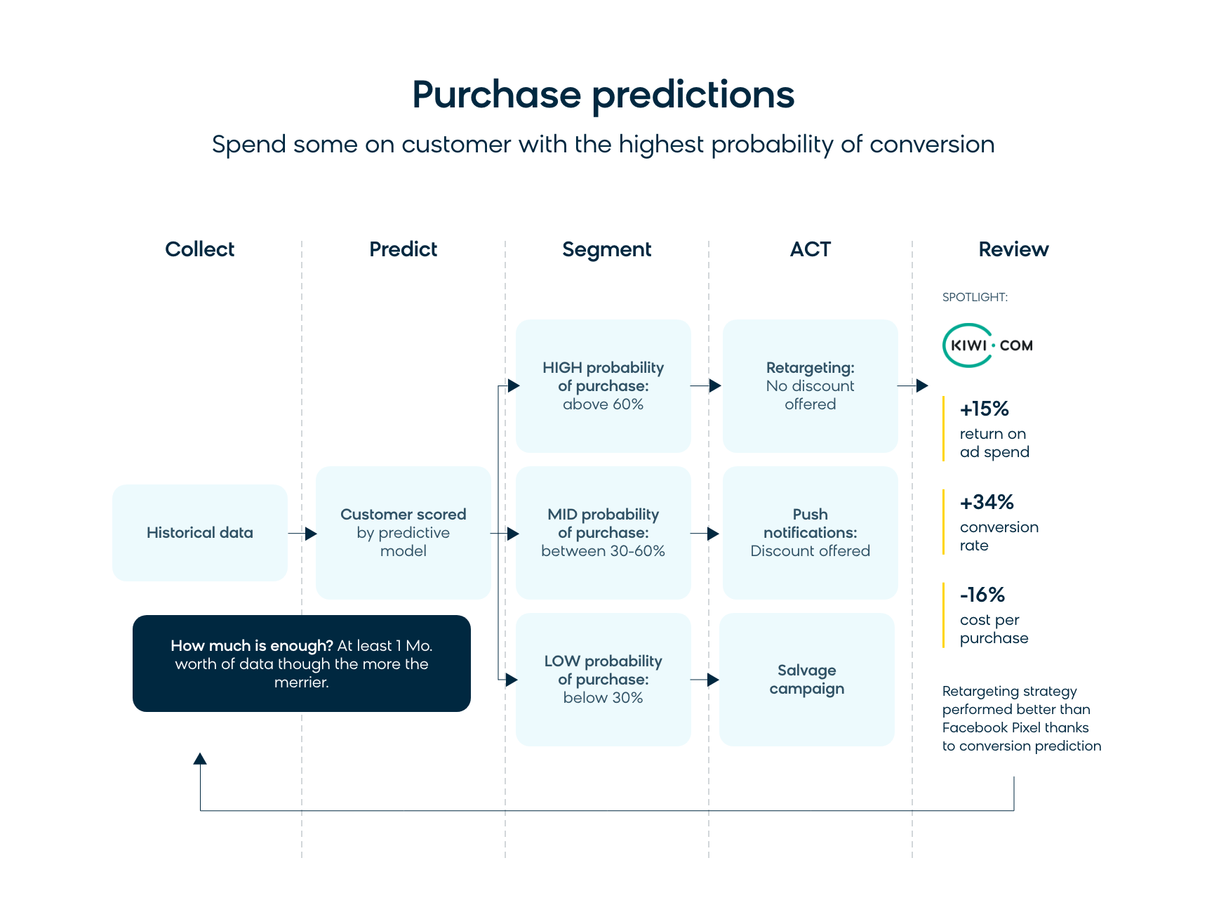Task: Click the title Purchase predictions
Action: pos(603,95)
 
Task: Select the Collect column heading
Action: pos(200,249)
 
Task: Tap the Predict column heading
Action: pos(404,249)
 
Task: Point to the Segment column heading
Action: pos(607,250)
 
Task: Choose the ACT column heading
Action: pos(811,249)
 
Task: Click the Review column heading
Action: pos(1014,249)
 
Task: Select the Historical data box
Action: pos(200,533)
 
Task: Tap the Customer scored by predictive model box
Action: pos(404,533)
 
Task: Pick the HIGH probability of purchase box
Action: pos(603,386)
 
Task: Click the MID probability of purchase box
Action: pos(603,533)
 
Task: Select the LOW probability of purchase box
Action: pos(603,680)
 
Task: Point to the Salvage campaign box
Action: pos(807,680)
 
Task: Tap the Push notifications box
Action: pos(811,533)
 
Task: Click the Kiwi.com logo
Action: pos(988,345)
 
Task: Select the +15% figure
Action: pos(985,409)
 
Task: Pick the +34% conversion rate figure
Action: pos(999,523)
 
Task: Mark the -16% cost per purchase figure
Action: pos(994,616)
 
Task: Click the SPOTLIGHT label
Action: pos(975,297)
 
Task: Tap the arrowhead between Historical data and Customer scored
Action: pos(311,534)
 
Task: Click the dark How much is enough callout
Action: pos(302,664)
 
